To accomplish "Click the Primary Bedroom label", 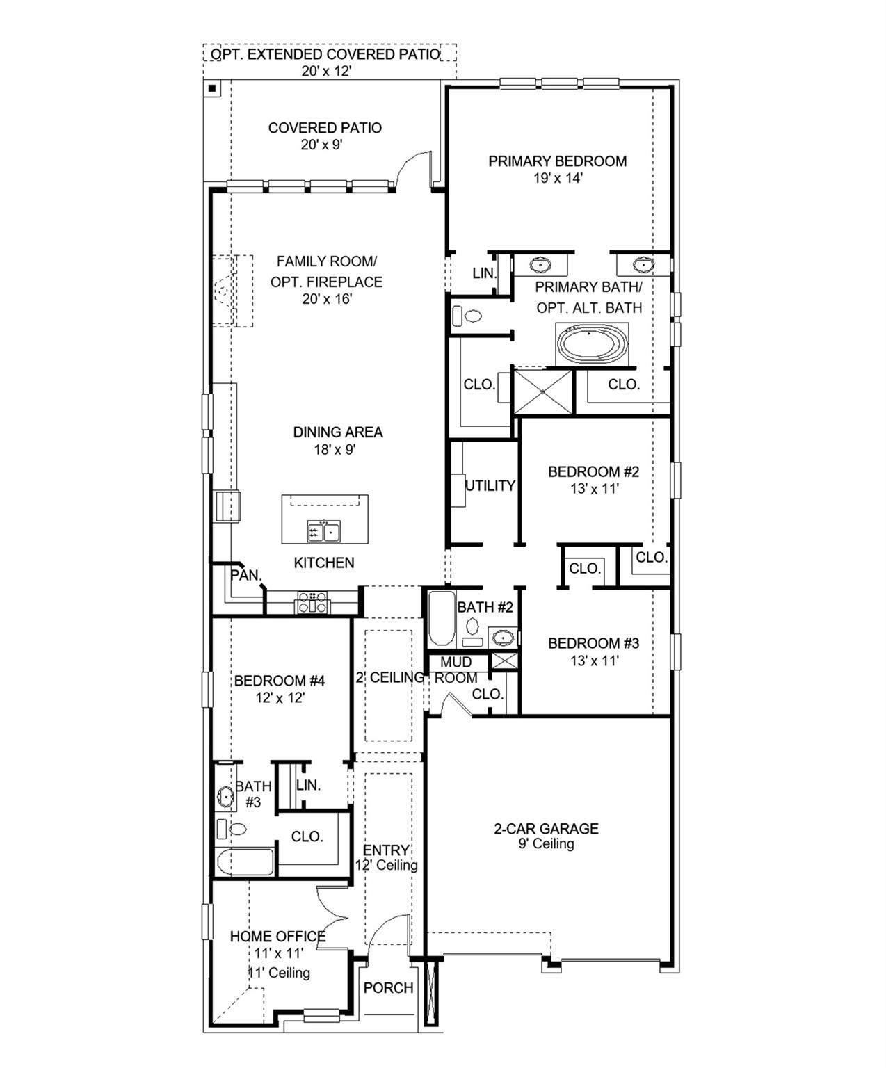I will tap(557, 161).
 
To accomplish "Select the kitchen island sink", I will tap(323, 532).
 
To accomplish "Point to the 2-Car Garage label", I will tap(546, 828).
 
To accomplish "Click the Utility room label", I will tap(490, 486).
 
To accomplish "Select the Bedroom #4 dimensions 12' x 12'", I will tap(280, 697).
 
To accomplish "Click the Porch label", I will tap(388, 987).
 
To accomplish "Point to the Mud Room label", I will tap(456, 670).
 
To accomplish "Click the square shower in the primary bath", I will tap(542, 392).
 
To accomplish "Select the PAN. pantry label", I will tap(245, 576).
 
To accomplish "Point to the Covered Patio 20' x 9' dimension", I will tap(324, 145).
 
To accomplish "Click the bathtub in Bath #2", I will tap(440, 617).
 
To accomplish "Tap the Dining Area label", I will tap(337, 432).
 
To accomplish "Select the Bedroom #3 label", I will tap(593, 643).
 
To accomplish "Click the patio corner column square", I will tap(211, 88).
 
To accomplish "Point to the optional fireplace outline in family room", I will tap(232, 291).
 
